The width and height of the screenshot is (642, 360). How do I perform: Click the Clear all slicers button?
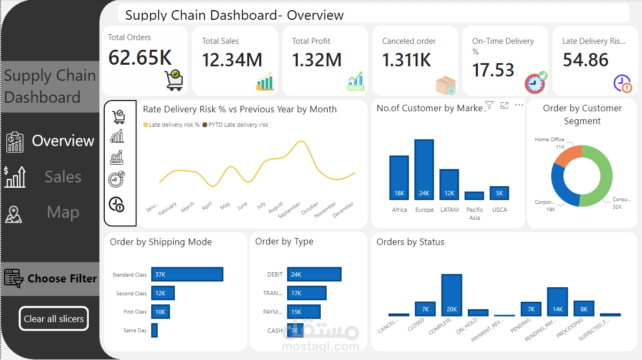pos(53,319)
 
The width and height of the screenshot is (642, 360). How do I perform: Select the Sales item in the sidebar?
pos(63,177)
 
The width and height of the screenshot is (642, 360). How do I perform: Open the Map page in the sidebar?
pos(63,212)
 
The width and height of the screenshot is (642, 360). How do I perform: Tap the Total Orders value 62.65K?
pos(140,57)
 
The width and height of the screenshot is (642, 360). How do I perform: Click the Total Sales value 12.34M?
pos(232,60)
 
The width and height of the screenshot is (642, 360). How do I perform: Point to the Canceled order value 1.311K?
pos(406,60)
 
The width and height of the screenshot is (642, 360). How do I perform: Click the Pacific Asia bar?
pos(474,196)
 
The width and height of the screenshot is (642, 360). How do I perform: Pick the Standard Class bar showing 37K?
pos(187,274)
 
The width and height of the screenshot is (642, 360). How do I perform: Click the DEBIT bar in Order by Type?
pos(314,274)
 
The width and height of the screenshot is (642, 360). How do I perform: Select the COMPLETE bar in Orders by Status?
pos(452,295)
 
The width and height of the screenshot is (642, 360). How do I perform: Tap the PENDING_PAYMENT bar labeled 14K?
pos(557,302)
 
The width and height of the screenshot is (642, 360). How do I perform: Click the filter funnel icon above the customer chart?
pos(489,105)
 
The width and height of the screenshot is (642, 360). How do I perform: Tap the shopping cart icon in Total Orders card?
pos(174,80)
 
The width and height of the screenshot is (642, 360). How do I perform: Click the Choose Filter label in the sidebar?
pos(62,279)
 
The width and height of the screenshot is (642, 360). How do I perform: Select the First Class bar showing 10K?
pos(160,312)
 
